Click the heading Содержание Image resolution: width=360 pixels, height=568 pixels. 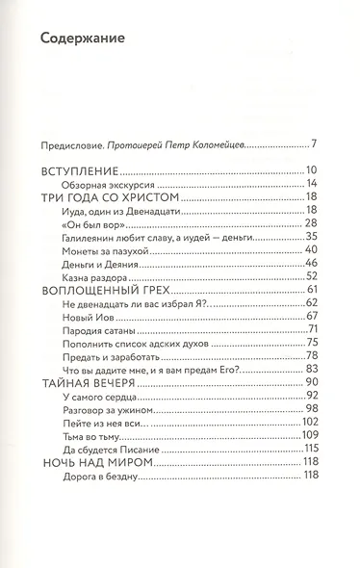point(84,39)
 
